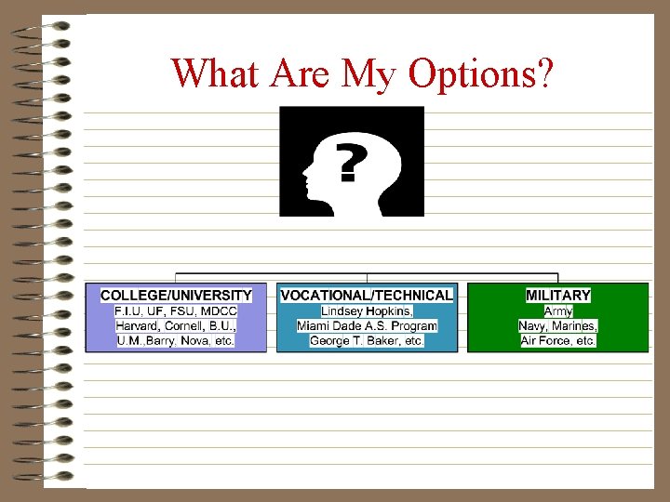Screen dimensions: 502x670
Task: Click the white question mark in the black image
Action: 348,164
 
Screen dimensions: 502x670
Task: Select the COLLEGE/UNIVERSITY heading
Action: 177,296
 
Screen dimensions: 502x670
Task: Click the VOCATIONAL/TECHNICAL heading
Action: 367,296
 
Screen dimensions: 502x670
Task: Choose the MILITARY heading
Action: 558,296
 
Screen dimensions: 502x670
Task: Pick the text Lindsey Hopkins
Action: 366,310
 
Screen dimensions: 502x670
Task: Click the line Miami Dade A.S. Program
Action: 367,326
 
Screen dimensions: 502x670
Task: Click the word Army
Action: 558,310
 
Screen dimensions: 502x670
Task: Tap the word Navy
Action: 535,326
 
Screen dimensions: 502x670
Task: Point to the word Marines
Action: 575,326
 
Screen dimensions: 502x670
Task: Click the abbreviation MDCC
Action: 219,310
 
